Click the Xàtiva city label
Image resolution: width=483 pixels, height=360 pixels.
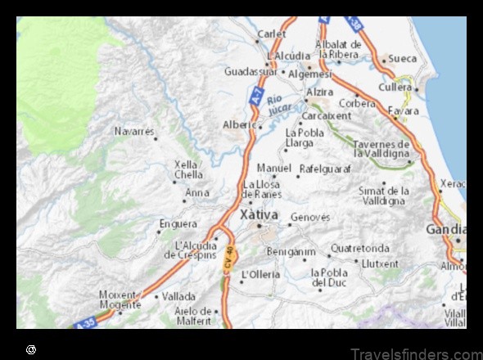[258, 214]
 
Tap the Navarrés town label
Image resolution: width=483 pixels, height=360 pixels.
[133, 131]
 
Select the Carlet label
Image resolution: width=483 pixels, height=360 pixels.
[272, 34]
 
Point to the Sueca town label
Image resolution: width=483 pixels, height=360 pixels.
[402, 59]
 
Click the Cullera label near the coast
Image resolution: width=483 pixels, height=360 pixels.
[395, 87]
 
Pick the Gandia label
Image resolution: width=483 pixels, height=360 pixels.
[443, 230]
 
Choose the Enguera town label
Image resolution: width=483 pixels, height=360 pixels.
[178, 223]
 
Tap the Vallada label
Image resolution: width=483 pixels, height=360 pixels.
[178, 296]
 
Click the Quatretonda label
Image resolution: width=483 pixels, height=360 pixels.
[359, 248]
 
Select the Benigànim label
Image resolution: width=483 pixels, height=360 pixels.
[290, 251]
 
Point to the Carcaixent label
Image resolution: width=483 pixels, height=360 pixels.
[326, 116]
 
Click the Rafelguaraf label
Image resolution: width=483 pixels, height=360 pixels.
[325, 169]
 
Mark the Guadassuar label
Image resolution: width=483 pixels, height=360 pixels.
[251, 71]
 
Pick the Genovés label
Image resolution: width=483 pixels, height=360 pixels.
[310, 218]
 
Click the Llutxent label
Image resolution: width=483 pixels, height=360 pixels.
[380, 264]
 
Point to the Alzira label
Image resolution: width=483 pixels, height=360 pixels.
[318, 92]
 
